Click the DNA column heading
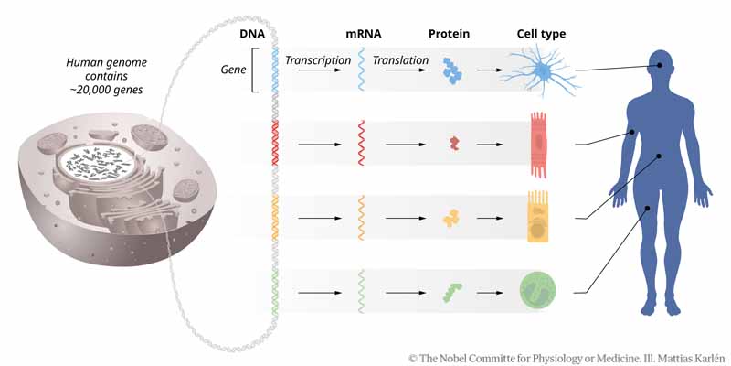coord(252,34)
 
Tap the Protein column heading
coord(448,34)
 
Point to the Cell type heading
coord(541,34)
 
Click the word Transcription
coord(318,61)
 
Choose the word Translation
coord(400,61)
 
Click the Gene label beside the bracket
coord(235,70)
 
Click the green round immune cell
coord(537,292)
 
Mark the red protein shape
coord(454,143)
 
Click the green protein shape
coord(452,292)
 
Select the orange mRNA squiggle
coord(363,218)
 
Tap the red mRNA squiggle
coord(363,144)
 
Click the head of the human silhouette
coord(661,67)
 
